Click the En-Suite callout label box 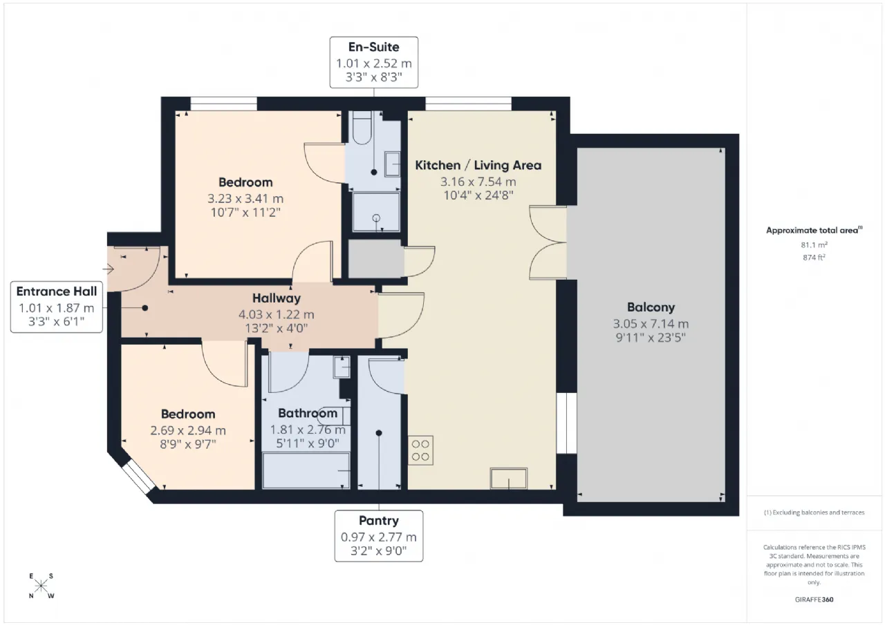coord(374,62)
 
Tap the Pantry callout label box coord(379,536)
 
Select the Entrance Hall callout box coord(57,307)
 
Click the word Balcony coord(651,307)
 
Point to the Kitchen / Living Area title coord(478,165)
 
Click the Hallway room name coord(277,298)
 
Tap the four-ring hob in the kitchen coord(420,450)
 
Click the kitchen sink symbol coord(508,478)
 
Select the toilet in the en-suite coord(362,128)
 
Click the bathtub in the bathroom coord(306,471)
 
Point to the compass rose coord(41,586)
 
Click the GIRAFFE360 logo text coord(814,599)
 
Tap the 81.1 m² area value coord(814,245)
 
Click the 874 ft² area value coord(814,258)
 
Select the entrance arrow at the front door coord(109,269)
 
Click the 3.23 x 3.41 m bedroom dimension coord(245,198)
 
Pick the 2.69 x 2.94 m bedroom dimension coord(188,430)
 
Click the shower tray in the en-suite coord(376,212)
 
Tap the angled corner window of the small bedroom coord(138,477)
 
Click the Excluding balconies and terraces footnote coord(814,512)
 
